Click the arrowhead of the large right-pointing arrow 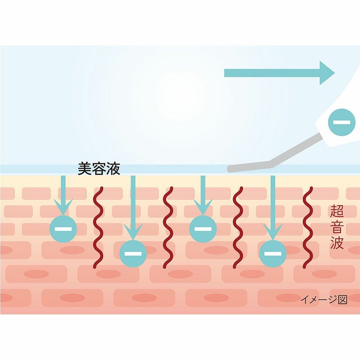click(x=327, y=72)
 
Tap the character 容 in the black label click(x=99, y=169)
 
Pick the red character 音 click(x=337, y=227)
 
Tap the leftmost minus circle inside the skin click(x=63, y=229)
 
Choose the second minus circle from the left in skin click(x=133, y=253)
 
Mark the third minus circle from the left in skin click(x=203, y=229)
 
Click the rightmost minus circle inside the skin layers click(x=272, y=253)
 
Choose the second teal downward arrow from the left click(x=133, y=207)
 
